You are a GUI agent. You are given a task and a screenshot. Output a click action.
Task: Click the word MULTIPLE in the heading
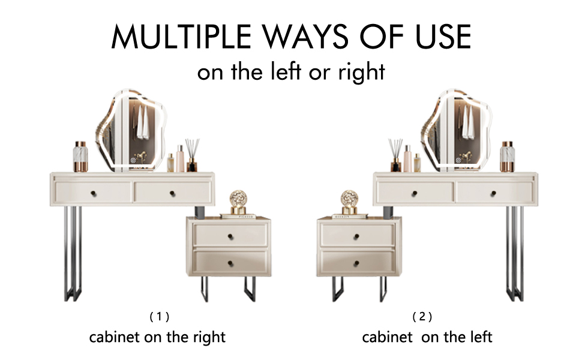tap(181, 37)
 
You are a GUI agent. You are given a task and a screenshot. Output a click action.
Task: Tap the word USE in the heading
tap(443, 37)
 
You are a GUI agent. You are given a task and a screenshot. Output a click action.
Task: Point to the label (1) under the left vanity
tap(160, 317)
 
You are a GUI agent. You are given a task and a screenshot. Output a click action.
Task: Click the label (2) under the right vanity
tap(422, 317)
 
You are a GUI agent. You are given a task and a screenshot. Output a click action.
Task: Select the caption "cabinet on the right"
tap(157, 337)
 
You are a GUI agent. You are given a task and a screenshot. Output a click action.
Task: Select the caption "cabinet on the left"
tap(427, 337)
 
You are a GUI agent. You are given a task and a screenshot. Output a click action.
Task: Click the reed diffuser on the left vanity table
tap(192, 155)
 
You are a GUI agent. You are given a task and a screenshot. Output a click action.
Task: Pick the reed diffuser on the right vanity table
tap(395, 155)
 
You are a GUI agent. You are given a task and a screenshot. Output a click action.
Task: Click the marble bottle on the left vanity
tap(80, 156)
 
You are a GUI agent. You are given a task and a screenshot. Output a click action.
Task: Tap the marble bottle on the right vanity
tap(507, 156)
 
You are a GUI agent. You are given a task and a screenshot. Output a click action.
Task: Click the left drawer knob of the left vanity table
tap(93, 193)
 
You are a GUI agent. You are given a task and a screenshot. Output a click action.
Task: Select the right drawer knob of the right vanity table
tap(493, 193)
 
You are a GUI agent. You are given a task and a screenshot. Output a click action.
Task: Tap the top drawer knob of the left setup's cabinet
tap(230, 236)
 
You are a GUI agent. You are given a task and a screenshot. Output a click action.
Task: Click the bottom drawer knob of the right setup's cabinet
tap(356, 263)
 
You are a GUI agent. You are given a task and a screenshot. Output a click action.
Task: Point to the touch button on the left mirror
tap(133, 160)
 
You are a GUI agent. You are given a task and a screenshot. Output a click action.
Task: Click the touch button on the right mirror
tap(458, 160)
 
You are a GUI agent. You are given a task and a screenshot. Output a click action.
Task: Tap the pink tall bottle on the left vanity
tap(181, 158)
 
